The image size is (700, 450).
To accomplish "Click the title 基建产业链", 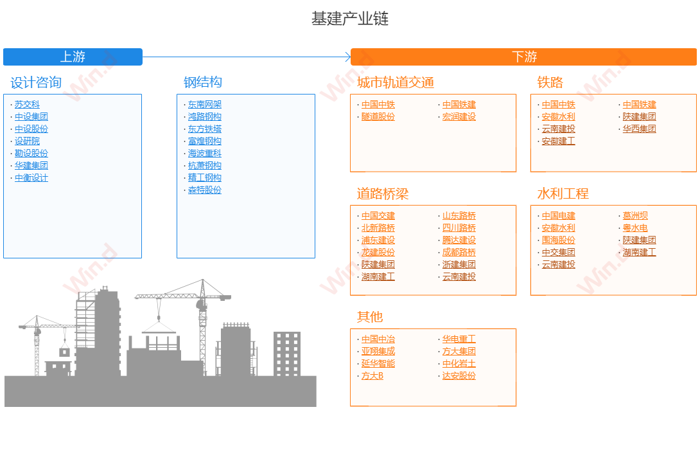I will pos(350,19).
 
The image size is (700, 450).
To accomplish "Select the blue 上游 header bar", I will pos(73,57).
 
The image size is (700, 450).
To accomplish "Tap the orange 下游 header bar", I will pos(524,57).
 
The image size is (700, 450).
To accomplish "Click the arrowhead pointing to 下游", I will pos(347,57).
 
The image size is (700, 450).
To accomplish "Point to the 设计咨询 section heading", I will pos(36,82).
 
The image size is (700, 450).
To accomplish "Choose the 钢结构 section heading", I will pos(203,82).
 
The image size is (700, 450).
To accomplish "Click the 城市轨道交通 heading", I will pos(396,82).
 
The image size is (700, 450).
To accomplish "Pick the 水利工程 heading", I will pos(563,194).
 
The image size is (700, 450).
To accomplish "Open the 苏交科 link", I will pos(27,105).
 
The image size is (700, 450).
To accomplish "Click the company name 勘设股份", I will pos(31,154).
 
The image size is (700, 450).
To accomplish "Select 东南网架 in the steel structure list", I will pos(205,105).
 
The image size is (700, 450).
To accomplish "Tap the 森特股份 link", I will pos(205,190).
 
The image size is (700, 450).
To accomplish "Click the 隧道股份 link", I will pos(378,117).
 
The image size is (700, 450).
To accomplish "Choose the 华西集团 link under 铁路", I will pos(640,129).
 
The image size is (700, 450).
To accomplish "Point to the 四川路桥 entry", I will pos(459,228).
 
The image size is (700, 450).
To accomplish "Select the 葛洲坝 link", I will pos(636,216).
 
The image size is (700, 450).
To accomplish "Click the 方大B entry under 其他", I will pos(372,376).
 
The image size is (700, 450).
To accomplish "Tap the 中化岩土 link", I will pos(459,364).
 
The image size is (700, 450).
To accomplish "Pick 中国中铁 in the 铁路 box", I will pos(559,105).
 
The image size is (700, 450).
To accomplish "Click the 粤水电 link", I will pos(636,228).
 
